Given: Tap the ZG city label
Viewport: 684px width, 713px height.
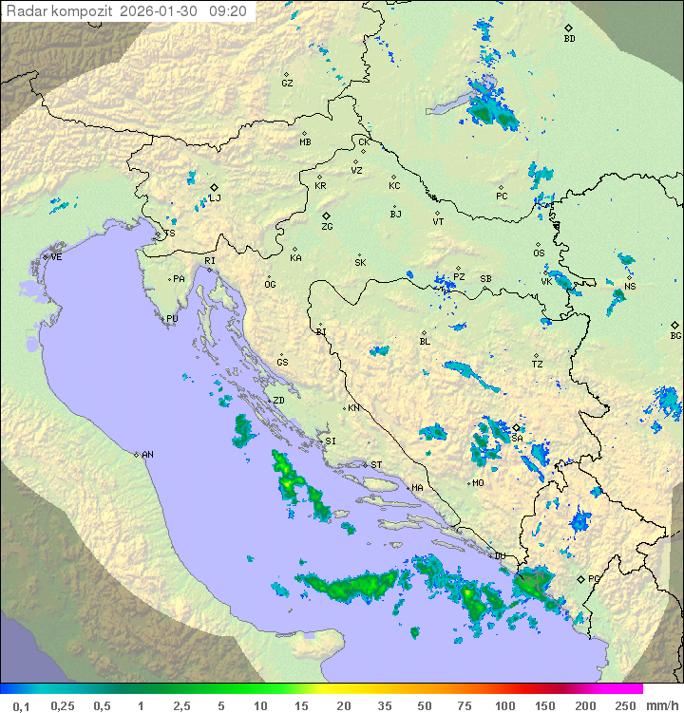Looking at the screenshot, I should [x=327, y=227].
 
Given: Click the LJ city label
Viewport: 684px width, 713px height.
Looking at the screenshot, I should [x=216, y=198].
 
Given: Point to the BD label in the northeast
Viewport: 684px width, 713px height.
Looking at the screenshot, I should [x=569, y=39].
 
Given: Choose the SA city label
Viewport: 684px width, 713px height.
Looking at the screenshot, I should [x=517, y=438].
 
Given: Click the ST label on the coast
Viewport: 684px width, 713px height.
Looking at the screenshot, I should [x=376, y=465].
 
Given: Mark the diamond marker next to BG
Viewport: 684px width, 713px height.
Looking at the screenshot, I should [x=674, y=325].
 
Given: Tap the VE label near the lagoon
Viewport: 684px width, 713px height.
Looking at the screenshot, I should [x=56, y=257].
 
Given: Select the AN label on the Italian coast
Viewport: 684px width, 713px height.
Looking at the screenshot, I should [x=147, y=455].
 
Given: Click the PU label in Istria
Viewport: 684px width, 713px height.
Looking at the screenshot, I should [x=172, y=319].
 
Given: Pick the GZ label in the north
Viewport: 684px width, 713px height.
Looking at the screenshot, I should [x=287, y=83].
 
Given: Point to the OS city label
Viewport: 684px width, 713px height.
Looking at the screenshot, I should [x=539, y=253].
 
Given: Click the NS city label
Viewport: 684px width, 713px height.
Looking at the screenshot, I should [x=630, y=287].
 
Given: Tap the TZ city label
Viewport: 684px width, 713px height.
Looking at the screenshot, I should [x=538, y=364].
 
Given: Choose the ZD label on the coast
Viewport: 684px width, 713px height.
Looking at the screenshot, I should [x=278, y=401].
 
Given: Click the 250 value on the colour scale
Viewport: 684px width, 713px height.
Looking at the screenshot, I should [x=624, y=705].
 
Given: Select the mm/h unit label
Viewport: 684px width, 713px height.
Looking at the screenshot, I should [x=661, y=705].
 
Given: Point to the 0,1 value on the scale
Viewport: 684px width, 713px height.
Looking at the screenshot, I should [x=21, y=705].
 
